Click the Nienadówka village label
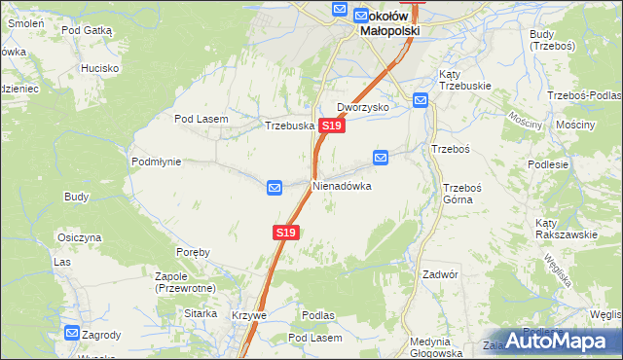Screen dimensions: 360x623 pos(342,185)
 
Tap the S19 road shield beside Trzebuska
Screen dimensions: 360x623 pos(331,126)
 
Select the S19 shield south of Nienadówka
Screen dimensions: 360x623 pos(284,233)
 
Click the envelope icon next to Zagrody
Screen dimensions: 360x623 pos(71,333)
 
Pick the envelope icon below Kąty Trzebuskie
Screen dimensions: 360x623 pos(421,99)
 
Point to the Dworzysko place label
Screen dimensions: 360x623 pos(363,107)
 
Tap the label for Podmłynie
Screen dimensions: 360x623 pos(156,162)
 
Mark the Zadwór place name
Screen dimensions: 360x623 pos(440,274)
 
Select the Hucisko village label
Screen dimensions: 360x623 pos(99,68)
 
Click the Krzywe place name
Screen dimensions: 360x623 pos(249,315)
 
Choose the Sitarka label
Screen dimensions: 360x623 pos(201,313)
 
